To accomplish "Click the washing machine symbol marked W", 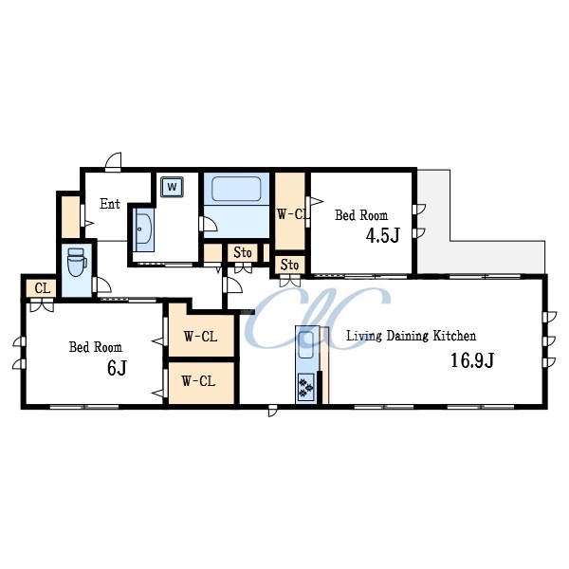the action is [172, 187].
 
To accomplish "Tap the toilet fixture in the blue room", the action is [77, 262].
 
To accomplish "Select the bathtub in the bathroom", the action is [236, 189].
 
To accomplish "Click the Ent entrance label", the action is [110, 204].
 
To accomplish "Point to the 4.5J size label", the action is [383, 235].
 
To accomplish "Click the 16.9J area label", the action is [472, 360].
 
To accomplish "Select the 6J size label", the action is [117, 368].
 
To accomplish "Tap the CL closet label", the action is [43, 288].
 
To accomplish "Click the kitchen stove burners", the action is [305, 387].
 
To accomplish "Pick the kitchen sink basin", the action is [306, 345].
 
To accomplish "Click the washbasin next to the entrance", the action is [144, 229].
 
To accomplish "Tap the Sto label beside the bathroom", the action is [243, 252].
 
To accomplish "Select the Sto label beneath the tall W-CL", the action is [289, 265].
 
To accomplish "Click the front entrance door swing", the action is [114, 162].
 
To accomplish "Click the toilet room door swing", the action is [102, 284].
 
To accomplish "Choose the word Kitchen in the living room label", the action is [454, 336].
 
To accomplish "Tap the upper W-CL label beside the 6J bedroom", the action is [200, 337].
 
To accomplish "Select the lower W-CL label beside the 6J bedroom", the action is [198, 381].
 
